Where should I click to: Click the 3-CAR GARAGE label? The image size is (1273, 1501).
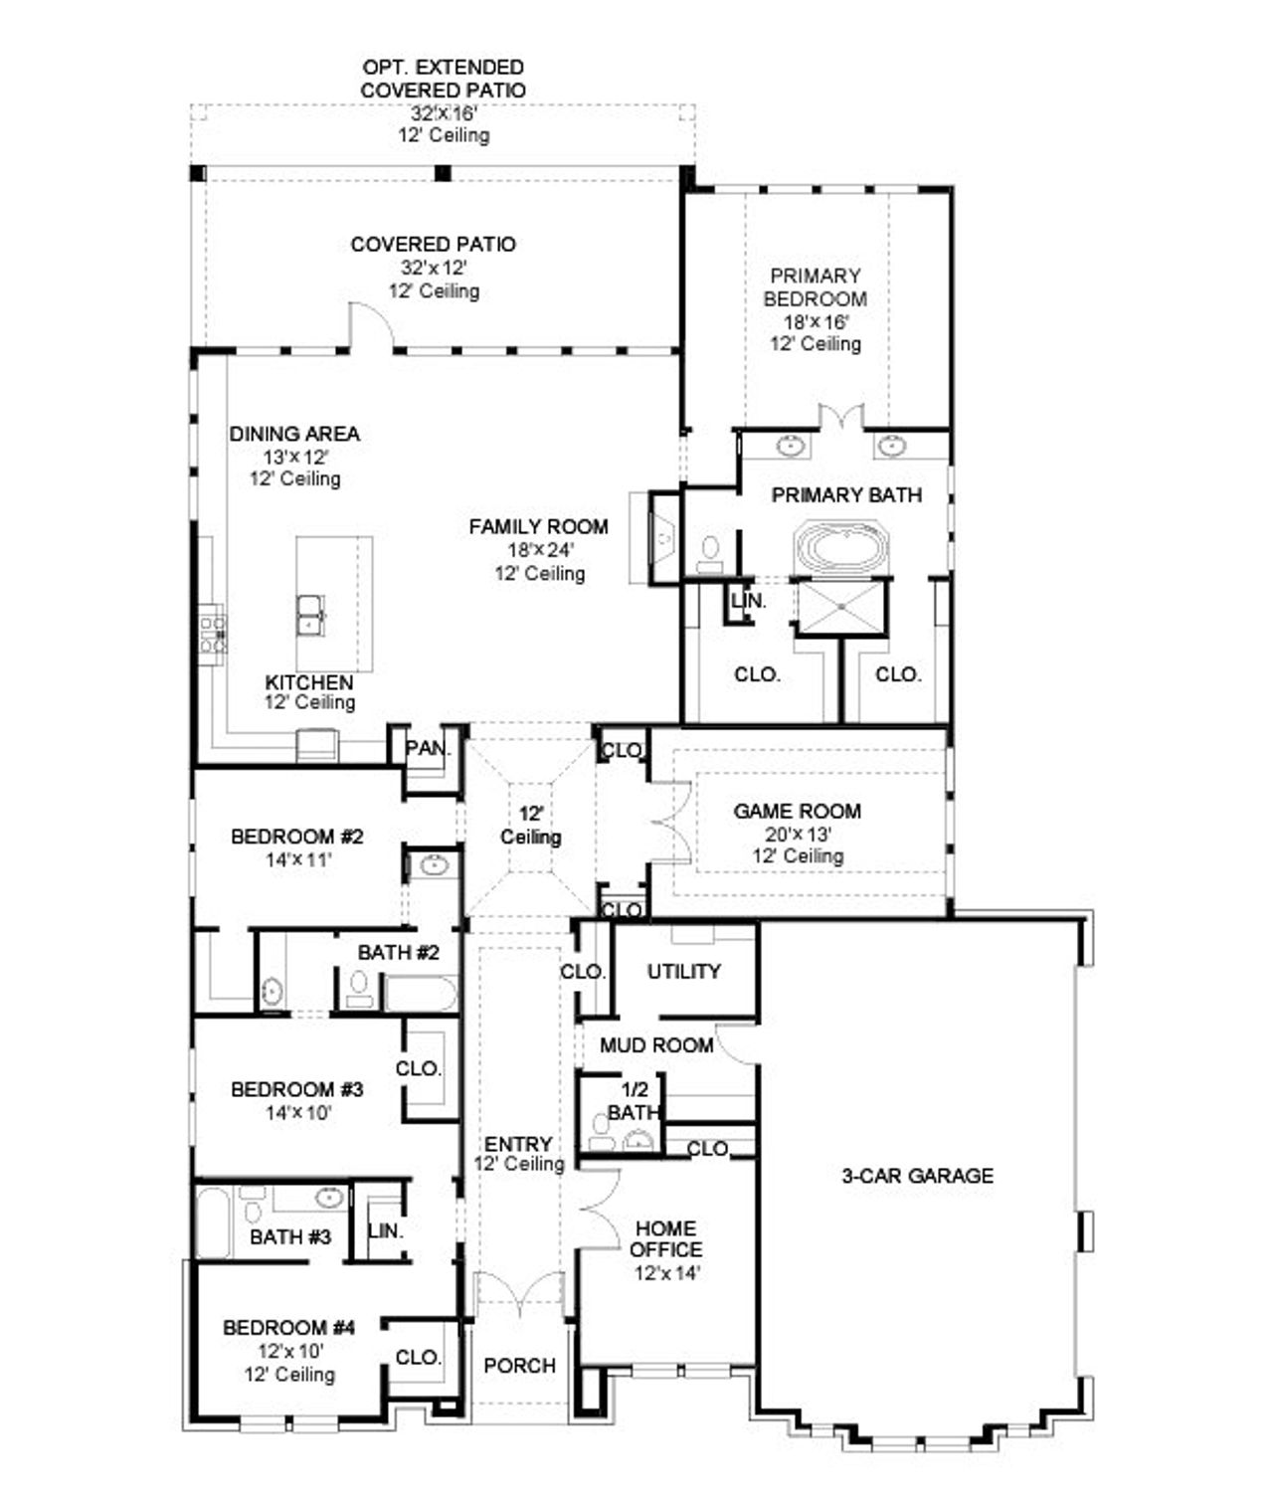tap(917, 1176)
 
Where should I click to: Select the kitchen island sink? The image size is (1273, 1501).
tap(310, 614)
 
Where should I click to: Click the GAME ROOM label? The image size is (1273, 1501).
tap(797, 811)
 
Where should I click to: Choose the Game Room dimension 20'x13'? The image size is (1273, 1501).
tap(798, 834)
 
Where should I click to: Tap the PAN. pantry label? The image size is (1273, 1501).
tap(428, 748)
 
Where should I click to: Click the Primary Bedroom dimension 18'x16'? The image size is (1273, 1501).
tap(815, 321)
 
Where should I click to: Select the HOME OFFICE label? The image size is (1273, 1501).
tap(665, 1238)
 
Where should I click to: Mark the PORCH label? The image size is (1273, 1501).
tap(519, 1366)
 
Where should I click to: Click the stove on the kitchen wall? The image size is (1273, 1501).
tap(213, 634)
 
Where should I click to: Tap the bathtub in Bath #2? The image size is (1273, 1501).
tap(421, 993)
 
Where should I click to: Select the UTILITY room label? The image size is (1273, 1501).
tap(683, 971)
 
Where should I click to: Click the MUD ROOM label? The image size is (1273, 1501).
tap(656, 1044)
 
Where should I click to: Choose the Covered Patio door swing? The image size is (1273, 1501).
tap(370, 326)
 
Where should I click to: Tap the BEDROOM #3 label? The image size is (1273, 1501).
tap(296, 1089)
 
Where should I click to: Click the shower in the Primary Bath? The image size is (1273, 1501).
tap(840, 606)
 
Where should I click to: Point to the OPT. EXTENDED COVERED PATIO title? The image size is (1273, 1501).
tap(444, 79)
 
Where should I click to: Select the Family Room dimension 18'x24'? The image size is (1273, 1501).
tap(538, 550)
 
